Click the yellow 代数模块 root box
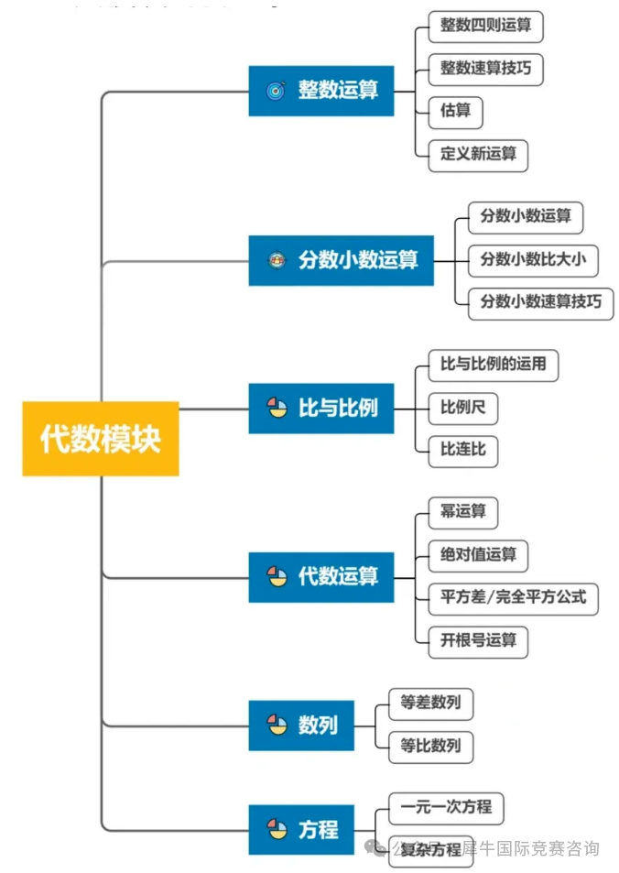tap(101, 438)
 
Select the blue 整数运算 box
tap(321, 91)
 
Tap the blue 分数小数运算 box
tap(341, 260)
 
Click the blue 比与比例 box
tap(321, 408)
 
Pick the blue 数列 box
tap(301, 726)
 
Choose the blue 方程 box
tap(301, 830)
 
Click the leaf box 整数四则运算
tap(485, 26)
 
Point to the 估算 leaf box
tap(455, 111)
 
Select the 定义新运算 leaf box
tap(478, 153)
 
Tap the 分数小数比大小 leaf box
tap(532, 259)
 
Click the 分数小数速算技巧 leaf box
tap(540, 301)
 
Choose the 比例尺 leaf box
tap(462, 407)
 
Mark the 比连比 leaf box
tap(462, 449)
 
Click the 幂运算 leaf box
tap(462, 512)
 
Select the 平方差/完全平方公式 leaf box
tap(513, 597)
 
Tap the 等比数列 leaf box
tap(430, 746)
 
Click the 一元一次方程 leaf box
tap(446, 807)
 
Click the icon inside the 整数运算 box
tap(277, 91)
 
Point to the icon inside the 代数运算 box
tap(277, 577)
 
